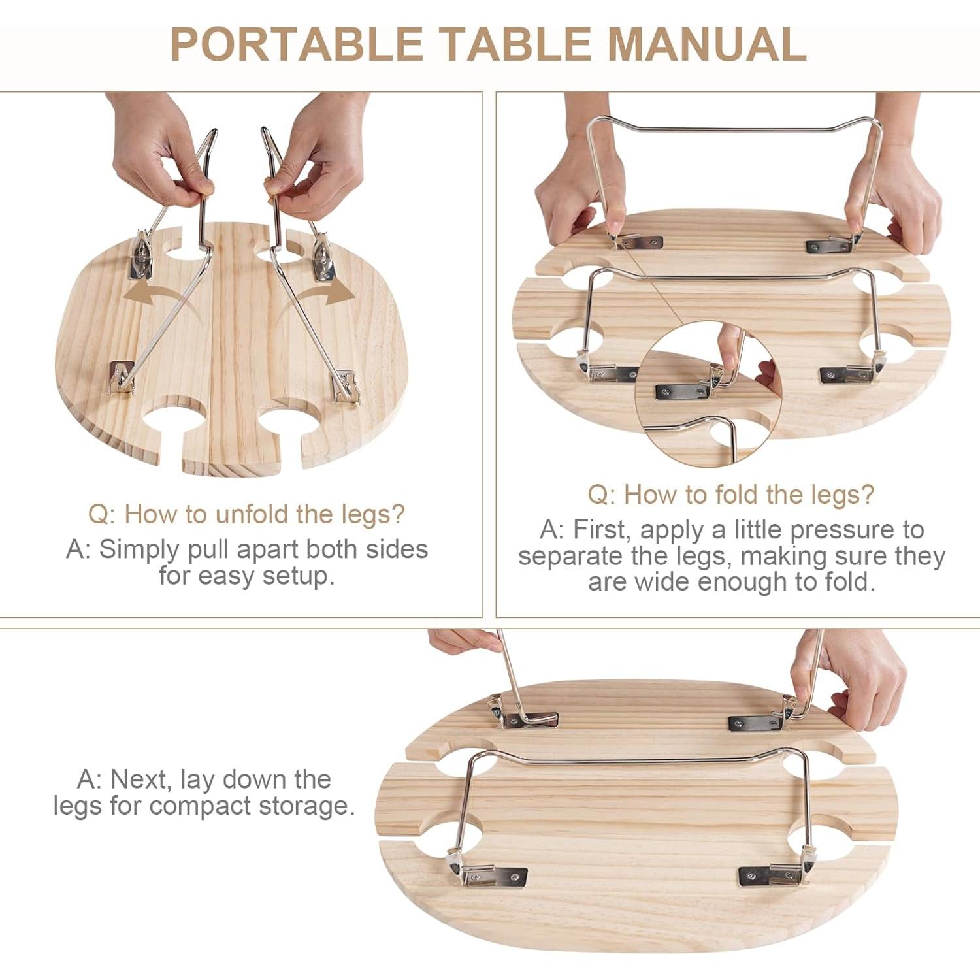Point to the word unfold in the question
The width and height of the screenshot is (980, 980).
click(252, 515)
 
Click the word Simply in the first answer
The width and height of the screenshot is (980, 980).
click(139, 549)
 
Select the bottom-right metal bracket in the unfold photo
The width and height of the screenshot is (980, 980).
click(346, 388)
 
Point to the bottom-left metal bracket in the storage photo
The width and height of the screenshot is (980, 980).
click(490, 875)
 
